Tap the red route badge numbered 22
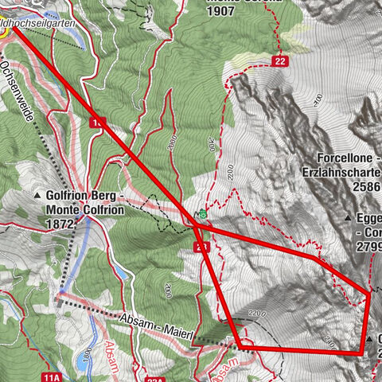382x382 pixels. tap(279, 60)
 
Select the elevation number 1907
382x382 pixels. tap(222, 12)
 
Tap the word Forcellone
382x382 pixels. tap(344, 158)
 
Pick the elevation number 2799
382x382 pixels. tap(369, 246)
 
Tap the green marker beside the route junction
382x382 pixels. tap(203, 214)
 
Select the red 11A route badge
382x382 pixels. tap(52, 375)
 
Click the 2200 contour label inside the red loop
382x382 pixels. tap(255, 312)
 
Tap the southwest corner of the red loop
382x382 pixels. tap(239, 345)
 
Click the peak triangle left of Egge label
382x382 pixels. tap(347, 217)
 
